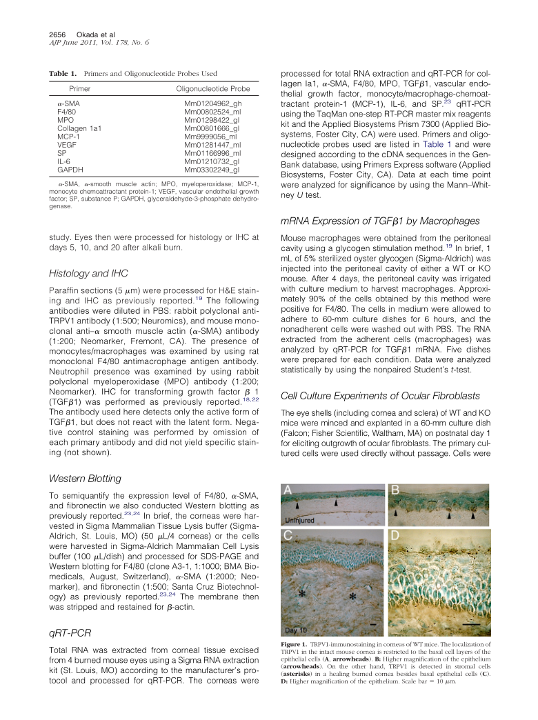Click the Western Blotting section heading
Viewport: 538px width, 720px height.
point(86,479)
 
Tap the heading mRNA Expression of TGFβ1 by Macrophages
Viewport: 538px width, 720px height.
point(379,221)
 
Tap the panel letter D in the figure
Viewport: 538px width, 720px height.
point(395,536)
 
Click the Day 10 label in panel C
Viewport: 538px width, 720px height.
point(298,630)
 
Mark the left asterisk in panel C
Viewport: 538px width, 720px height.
point(301,592)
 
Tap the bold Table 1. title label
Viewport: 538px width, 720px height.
point(63,72)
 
